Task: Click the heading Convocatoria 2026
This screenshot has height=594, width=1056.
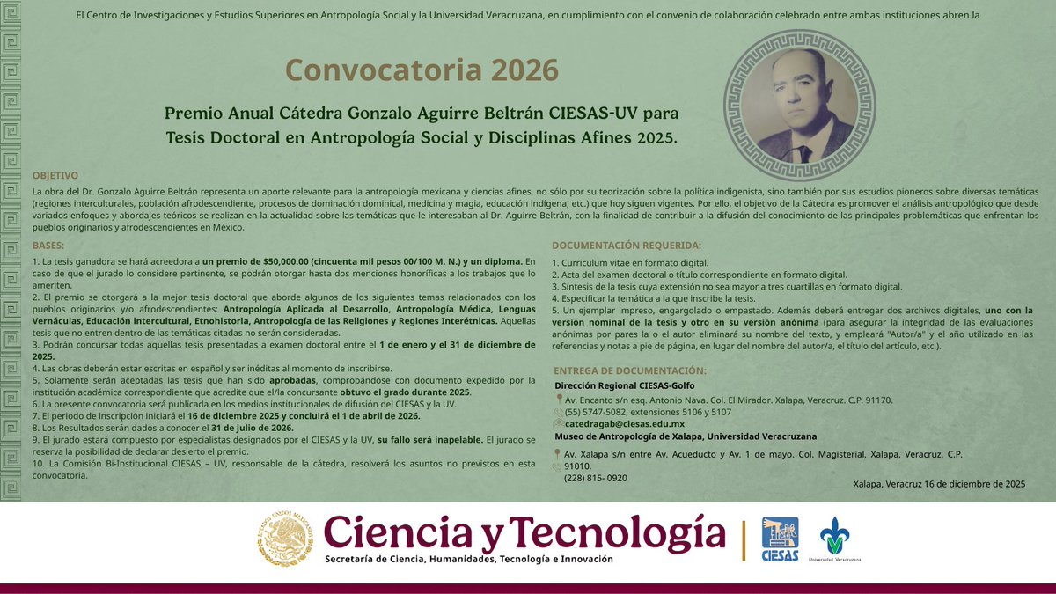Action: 422,70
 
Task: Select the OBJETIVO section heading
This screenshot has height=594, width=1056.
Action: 55,175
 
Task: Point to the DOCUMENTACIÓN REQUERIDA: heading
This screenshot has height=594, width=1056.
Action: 627,246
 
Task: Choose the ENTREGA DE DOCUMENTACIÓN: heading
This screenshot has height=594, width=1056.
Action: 630,370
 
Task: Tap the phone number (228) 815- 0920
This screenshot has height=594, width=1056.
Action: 596,478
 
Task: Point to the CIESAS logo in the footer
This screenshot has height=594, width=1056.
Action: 780,539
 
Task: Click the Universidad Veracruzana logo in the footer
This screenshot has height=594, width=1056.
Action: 835,539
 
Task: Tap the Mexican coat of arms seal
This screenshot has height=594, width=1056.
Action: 284,539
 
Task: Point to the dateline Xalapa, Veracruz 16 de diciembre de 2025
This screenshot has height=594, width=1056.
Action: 939,484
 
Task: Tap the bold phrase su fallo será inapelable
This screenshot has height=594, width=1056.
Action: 429,439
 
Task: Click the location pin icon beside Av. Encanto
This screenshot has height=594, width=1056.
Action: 560,400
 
